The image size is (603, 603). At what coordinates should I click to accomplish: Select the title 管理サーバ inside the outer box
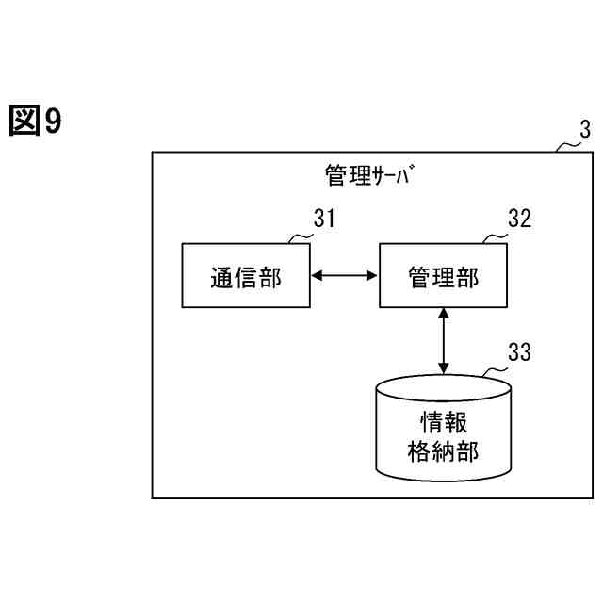click(x=368, y=175)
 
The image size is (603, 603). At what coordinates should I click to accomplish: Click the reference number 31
click(x=324, y=220)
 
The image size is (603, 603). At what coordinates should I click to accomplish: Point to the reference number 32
click(x=519, y=220)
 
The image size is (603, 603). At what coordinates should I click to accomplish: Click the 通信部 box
click(x=245, y=275)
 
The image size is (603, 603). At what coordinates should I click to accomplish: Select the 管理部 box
click(x=444, y=275)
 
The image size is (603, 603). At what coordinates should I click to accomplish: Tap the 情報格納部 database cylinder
click(x=443, y=429)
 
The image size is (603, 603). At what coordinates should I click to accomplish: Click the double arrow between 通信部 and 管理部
click(x=345, y=275)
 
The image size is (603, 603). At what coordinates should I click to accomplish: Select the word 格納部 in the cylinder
click(x=443, y=449)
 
